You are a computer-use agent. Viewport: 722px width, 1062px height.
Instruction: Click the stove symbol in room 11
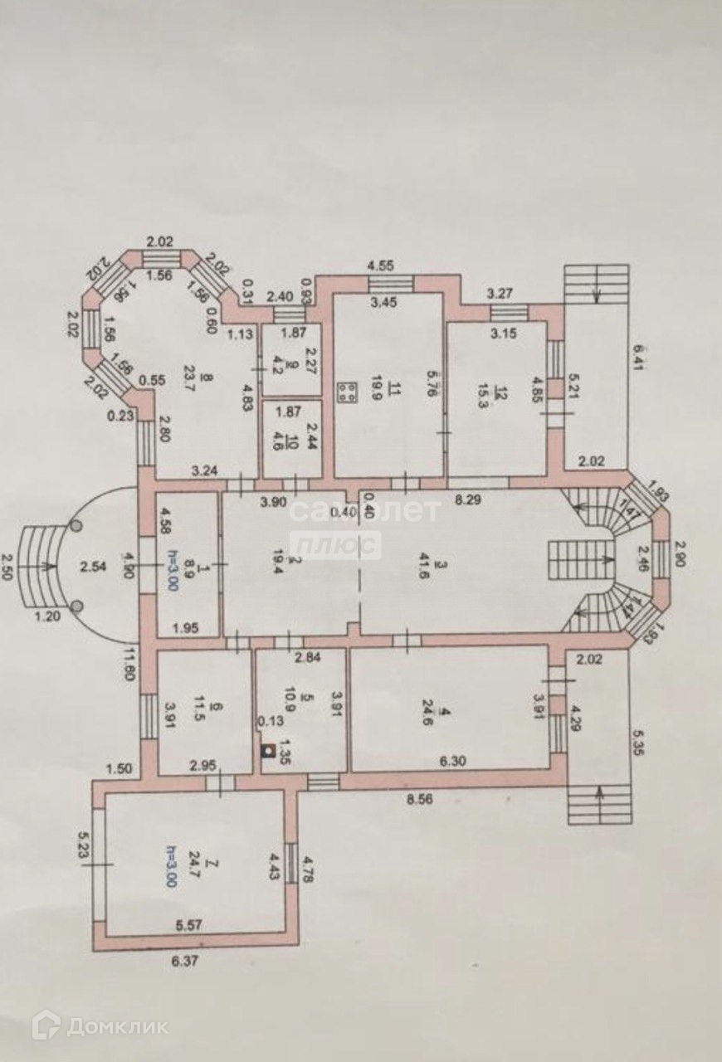pyautogui.click(x=348, y=392)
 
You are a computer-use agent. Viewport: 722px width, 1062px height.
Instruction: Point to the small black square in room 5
pyautogui.click(x=267, y=753)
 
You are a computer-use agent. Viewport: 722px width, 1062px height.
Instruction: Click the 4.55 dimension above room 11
pyautogui.click(x=383, y=266)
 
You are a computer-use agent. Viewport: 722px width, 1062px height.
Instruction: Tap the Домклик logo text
pyautogui.click(x=117, y=1026)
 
